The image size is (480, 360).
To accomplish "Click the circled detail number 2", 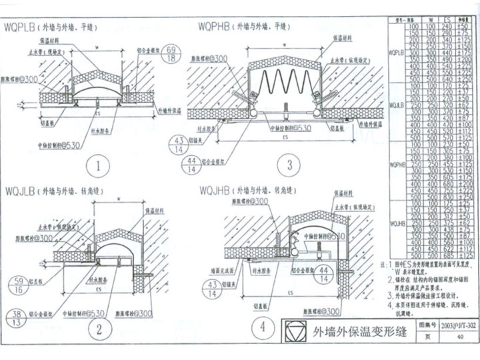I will [98, 328].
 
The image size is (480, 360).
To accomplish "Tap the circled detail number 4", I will [263, 327].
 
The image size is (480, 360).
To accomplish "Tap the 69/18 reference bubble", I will [171, 55].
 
